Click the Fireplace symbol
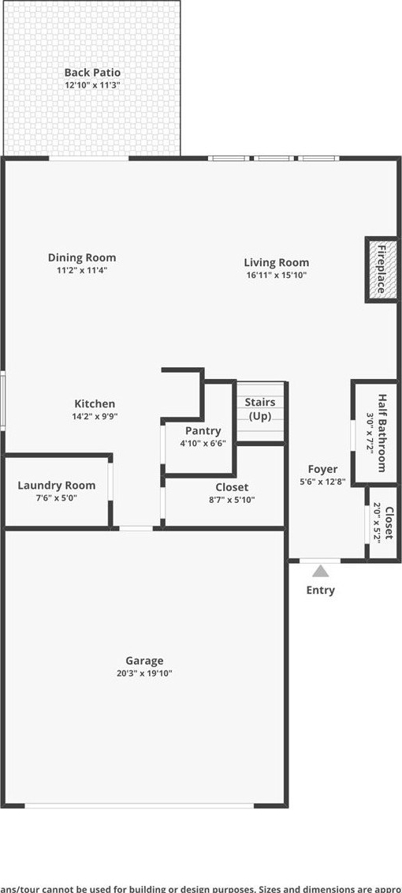tap(381, 269)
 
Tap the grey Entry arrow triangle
tap(320, 571)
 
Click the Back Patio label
tap(92, 73)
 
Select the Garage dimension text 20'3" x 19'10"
tap(144, 674)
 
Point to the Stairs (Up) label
tap(260, 408)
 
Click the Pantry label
tap(203, 431)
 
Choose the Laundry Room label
tap(56, 486)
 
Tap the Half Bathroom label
tap(382, 433)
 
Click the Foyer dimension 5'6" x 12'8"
tap(322, 481)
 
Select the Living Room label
tap(277, 263)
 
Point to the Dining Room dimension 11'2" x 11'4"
tap(82, 271)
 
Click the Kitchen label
tap(95, 403)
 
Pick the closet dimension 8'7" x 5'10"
tap(232, 500)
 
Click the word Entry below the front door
tap(321, 590)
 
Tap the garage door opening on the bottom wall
tap(139, 805)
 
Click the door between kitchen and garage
tap(136, 528)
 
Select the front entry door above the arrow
tap(320, 561)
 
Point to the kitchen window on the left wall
tap(2, 400)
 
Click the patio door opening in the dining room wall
tap(89, 159)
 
